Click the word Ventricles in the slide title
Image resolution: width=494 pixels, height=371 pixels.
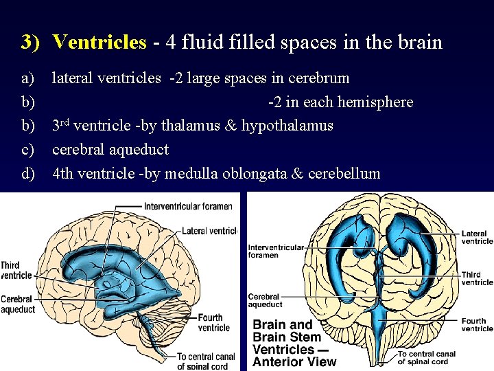pyautogui.click(x=99, y=43)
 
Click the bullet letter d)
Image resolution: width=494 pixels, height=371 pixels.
pyautogui.click(x=28, y=173)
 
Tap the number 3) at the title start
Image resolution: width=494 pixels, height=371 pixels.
pyautogui.click(x=30, y=43)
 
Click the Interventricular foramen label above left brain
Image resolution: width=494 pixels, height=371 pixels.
pyautogui.click(x=188, y=206)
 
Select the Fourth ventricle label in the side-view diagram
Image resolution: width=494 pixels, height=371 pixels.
pyautogui.click(x=213, y=322)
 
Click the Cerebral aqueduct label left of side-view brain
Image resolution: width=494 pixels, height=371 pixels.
pyautogui.click(x=17, y=304)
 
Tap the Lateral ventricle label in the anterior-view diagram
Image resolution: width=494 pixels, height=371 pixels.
pyautogui.click(x=477, y=237)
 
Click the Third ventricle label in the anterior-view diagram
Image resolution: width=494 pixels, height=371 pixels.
pyautogui.click(x=477, y=278)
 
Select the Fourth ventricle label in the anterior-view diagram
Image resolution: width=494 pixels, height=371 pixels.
pyautogui.click(x=477, y=324)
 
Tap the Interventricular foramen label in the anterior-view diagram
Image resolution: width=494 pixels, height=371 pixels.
pyautogui.click(x=275, y=251)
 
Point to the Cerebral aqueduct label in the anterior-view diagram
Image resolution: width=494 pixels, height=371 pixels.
pyautogui.click(x=265, y=300)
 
